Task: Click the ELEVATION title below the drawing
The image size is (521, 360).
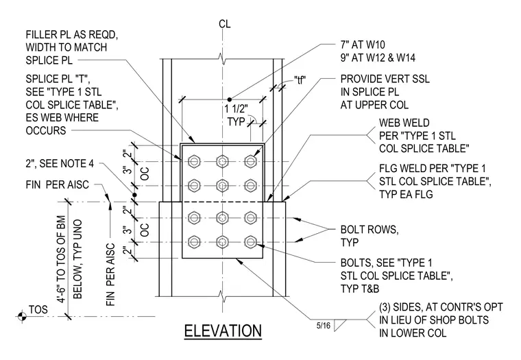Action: (223, 331)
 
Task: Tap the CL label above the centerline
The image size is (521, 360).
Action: (225, 24)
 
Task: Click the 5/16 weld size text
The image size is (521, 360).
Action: (324, 326)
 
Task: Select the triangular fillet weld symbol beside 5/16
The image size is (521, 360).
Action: (339, 325)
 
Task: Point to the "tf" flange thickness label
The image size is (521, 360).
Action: (300, 80)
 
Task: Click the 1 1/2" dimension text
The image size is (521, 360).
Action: (237, 109)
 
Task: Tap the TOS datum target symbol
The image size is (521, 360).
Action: (22, 316)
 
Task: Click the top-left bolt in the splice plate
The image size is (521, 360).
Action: (194, 162)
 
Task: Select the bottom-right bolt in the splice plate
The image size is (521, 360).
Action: (250, 242)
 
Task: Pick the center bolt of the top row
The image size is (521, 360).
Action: (222, 162)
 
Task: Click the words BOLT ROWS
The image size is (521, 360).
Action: (369, 230)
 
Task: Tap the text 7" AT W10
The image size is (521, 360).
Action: (363, 45)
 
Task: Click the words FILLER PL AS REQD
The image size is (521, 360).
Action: (72, 34)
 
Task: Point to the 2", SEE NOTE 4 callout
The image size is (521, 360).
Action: (60, 164)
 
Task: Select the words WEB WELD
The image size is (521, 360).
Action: (404, 123)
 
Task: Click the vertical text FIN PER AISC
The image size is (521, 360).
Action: (110, 274)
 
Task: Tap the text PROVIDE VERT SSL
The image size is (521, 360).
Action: (385, 79)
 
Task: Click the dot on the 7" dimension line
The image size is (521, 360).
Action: (229, 99)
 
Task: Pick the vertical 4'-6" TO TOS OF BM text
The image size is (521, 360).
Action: (62, 260)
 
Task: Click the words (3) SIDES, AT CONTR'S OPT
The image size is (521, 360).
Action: (441, 307)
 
